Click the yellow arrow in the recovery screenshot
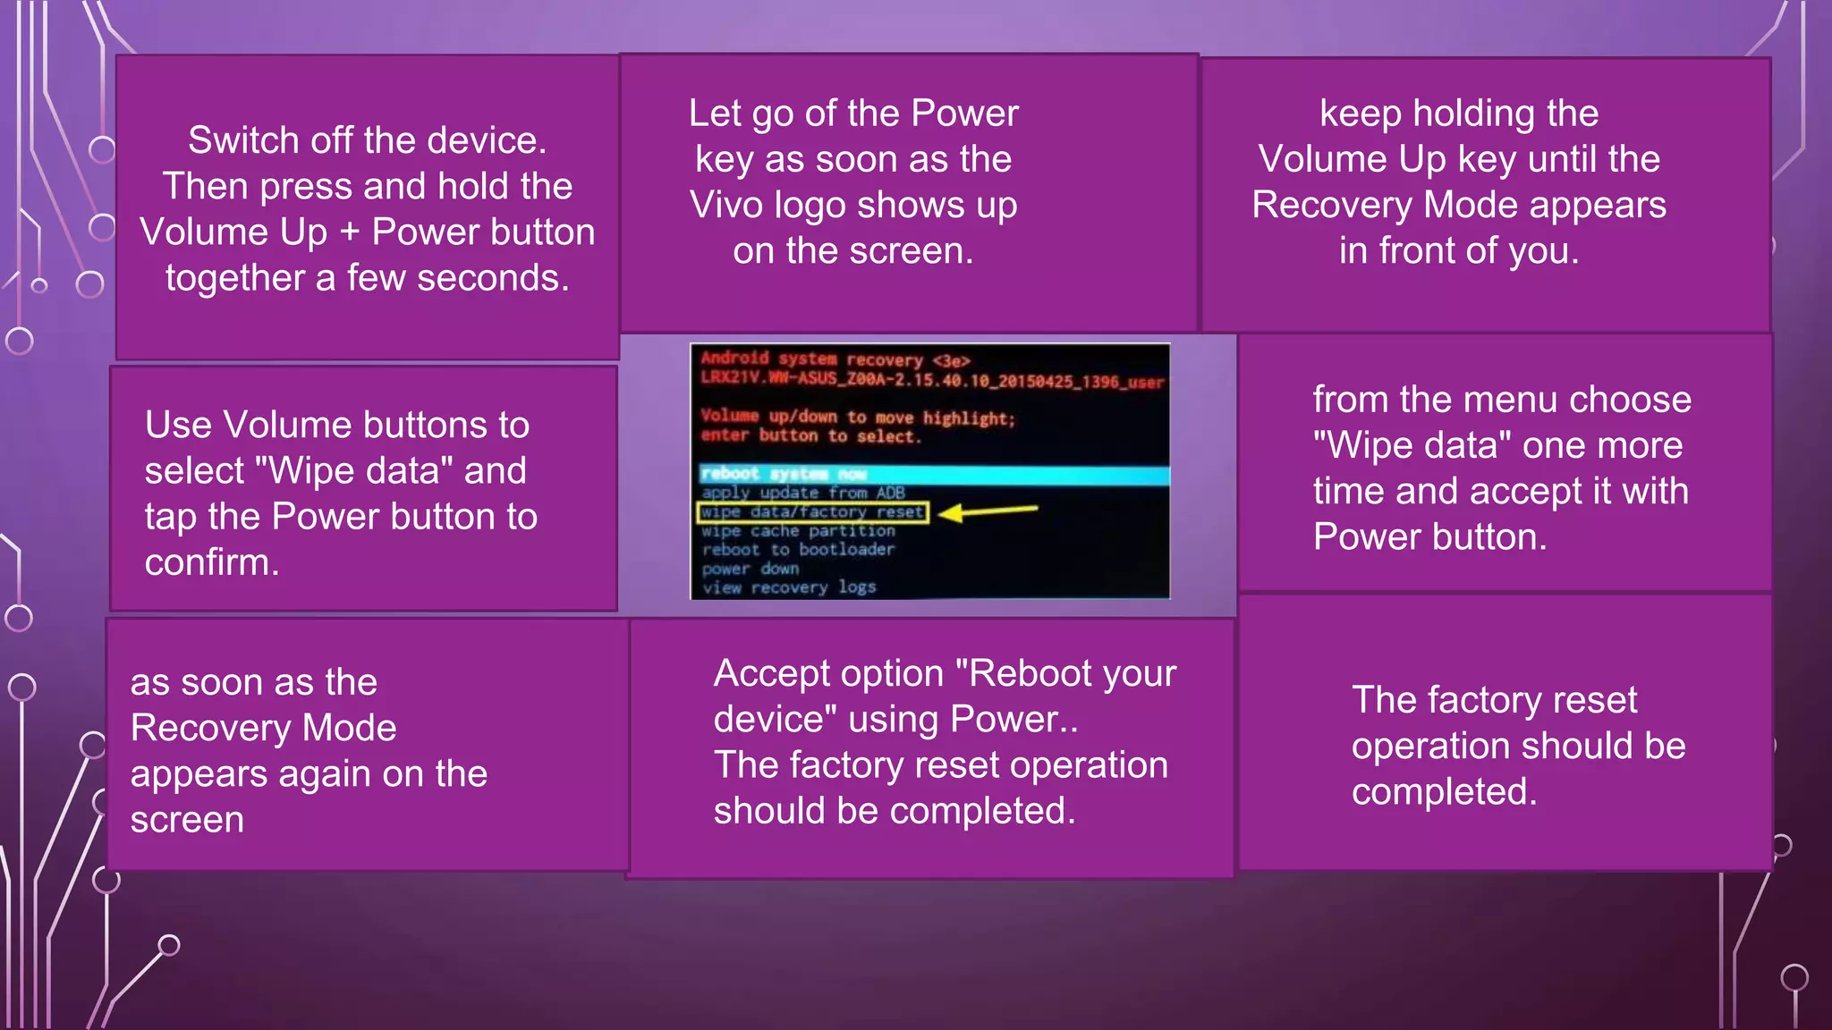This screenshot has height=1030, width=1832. (988, 511)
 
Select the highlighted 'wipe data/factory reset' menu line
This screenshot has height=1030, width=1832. (812, 512)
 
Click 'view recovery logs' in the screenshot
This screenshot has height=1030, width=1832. (788, 587)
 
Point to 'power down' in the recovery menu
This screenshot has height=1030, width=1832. (750, 569)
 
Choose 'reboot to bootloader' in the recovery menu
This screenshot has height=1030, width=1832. (798, 550)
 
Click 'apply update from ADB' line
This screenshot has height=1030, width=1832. (802, 493)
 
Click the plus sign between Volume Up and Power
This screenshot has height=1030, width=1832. (349, 232)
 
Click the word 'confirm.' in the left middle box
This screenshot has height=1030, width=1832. (212, 562)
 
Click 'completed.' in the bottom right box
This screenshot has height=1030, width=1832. (1444, 792)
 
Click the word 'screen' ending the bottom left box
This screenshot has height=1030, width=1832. (187, 820)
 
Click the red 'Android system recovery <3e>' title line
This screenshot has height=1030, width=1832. (835, 359)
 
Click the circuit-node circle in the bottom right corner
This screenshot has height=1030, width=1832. (1794, 978)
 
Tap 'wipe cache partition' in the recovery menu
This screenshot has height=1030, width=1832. (798, 531)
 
